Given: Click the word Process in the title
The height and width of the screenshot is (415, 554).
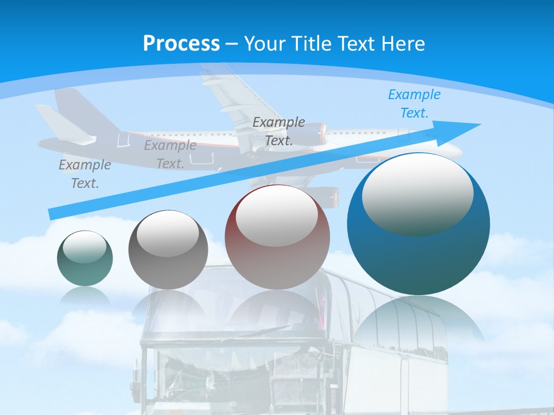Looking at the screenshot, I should pos(181,43).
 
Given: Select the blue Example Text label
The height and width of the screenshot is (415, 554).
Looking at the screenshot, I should pos(414,104).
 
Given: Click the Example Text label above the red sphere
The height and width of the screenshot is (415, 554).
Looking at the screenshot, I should pos(279,131).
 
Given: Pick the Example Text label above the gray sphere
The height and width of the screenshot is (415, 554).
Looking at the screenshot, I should pos(170,154).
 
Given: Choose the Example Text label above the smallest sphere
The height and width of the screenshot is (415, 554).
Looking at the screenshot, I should pos(84,173).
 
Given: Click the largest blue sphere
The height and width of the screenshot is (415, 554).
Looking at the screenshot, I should pos(418,259).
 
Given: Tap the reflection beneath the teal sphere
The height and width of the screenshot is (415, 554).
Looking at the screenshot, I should pos(85,296).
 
